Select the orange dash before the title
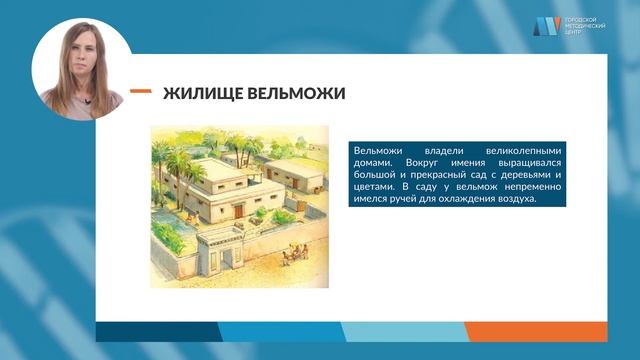coord(141,92)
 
